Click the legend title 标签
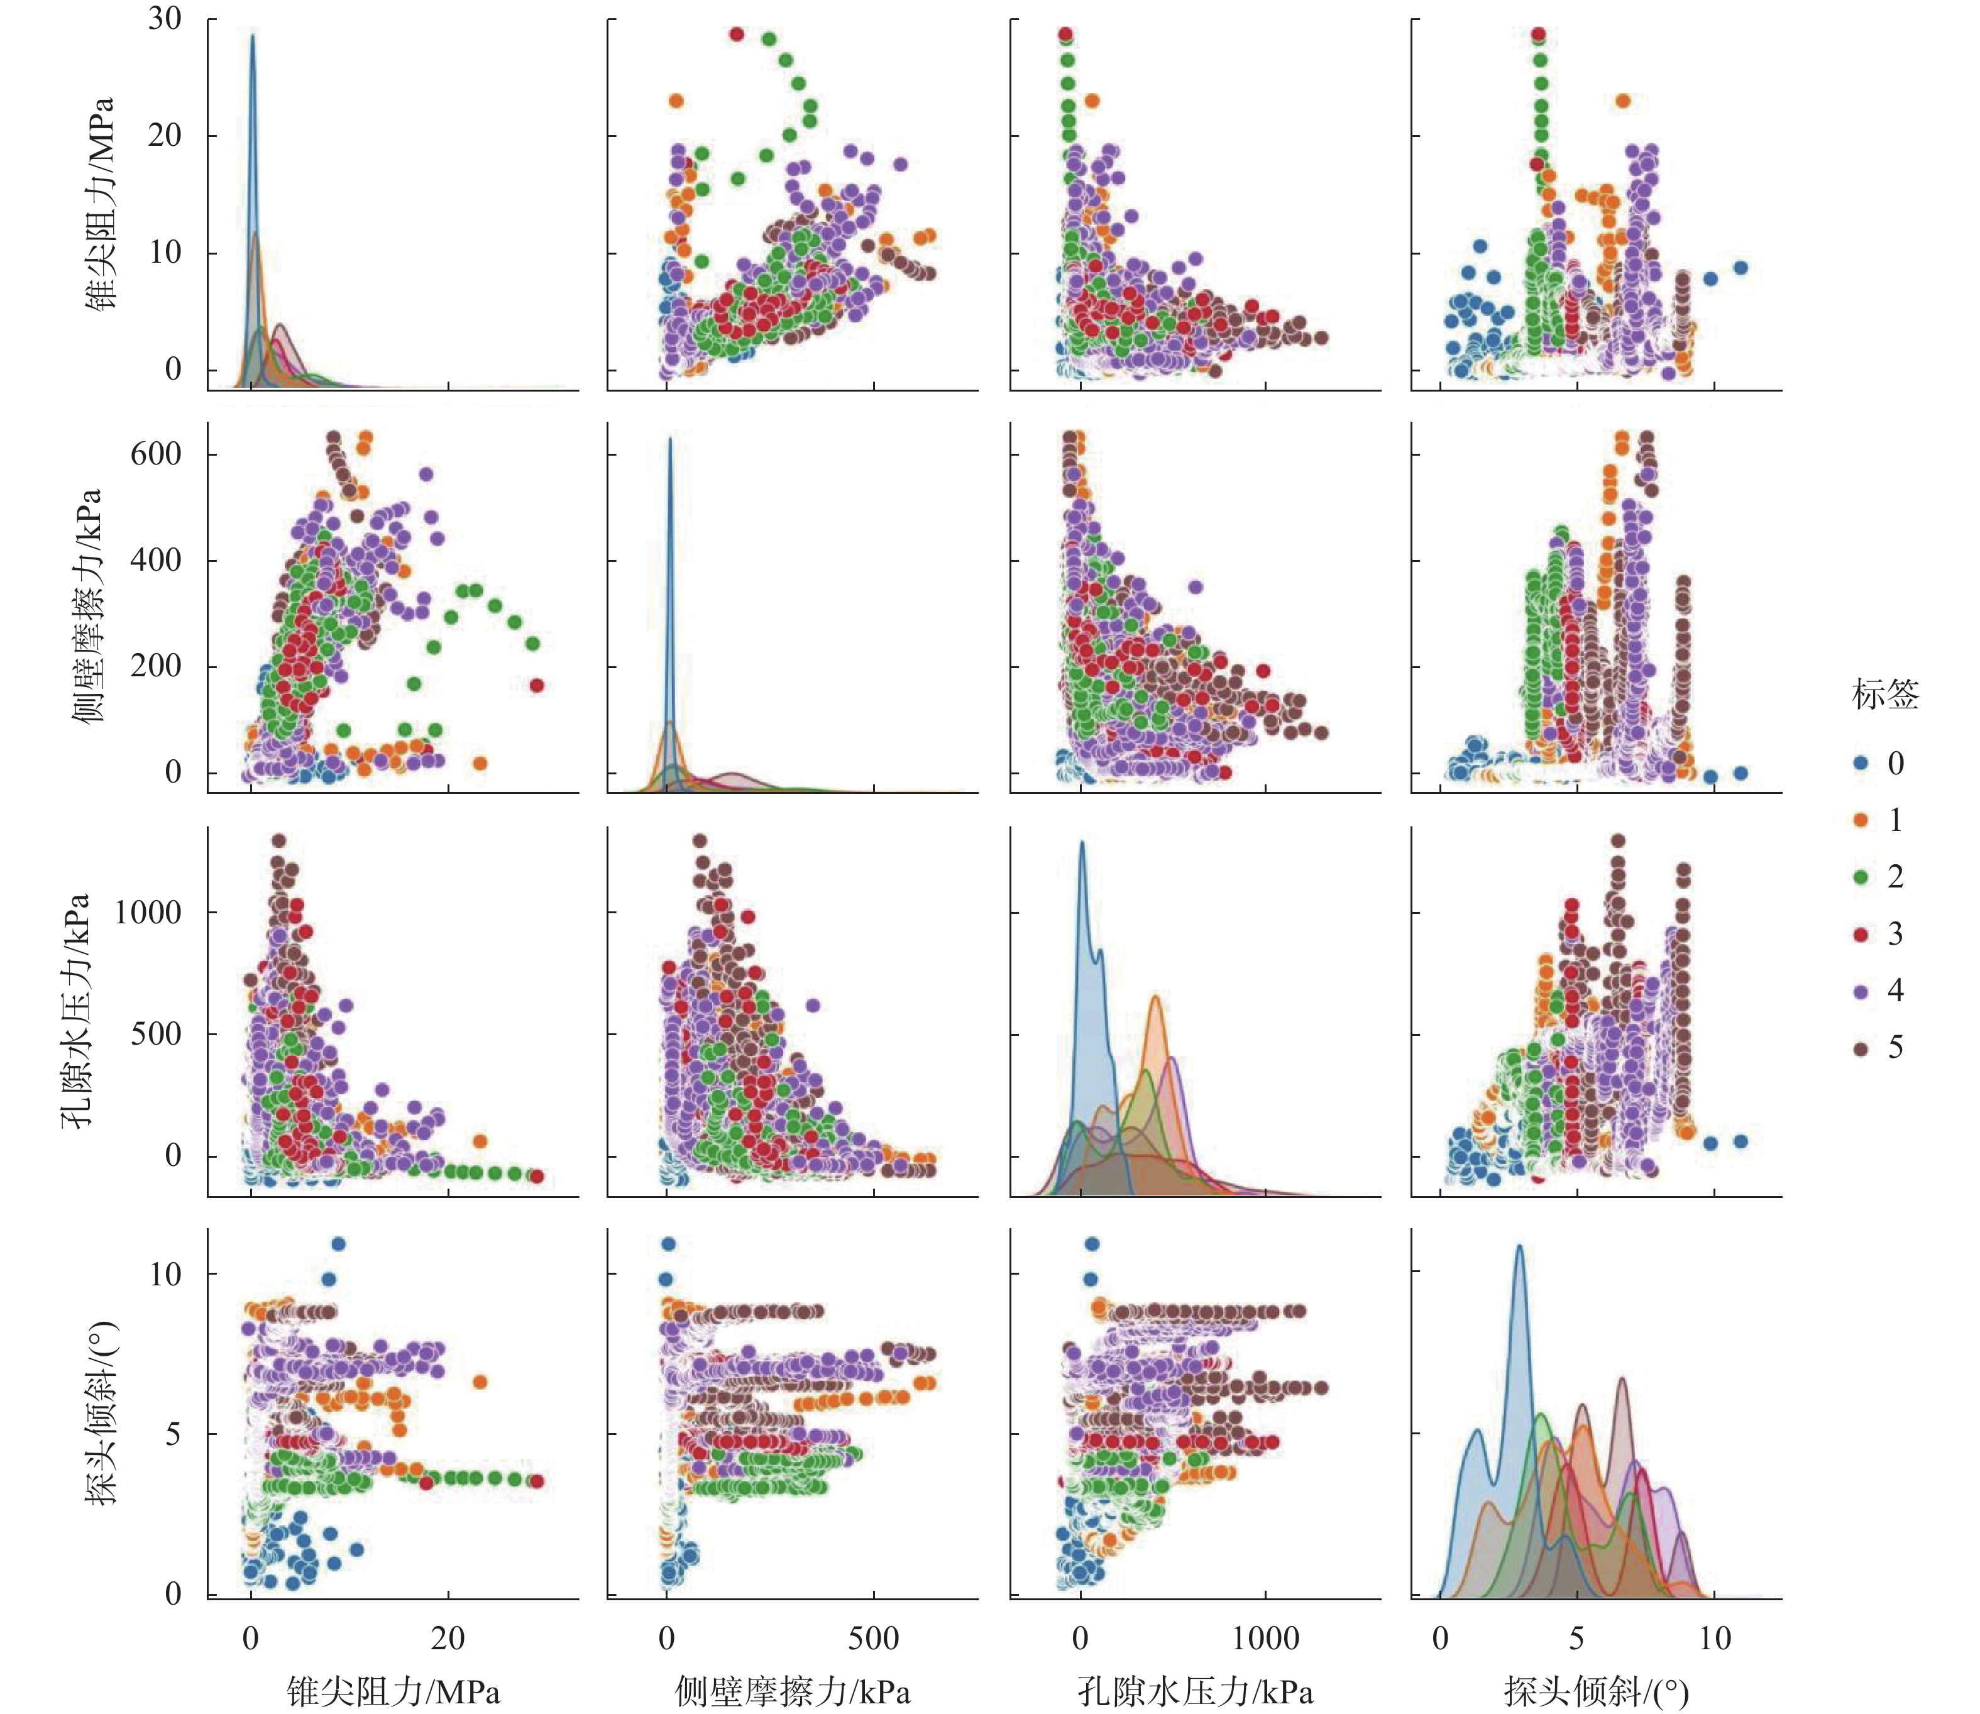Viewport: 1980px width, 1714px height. pos(1884,695)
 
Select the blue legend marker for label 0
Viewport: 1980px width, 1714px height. pos(1861,763)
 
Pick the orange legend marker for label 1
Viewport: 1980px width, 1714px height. pos(1861,820)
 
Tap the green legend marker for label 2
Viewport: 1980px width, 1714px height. pos(1861,877)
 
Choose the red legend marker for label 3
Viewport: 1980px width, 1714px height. pos(1861,933)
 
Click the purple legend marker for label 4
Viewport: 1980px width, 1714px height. pos(1861,991)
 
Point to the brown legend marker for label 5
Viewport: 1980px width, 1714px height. pos(1861,1048)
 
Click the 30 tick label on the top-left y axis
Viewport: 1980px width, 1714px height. pos(165,18)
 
